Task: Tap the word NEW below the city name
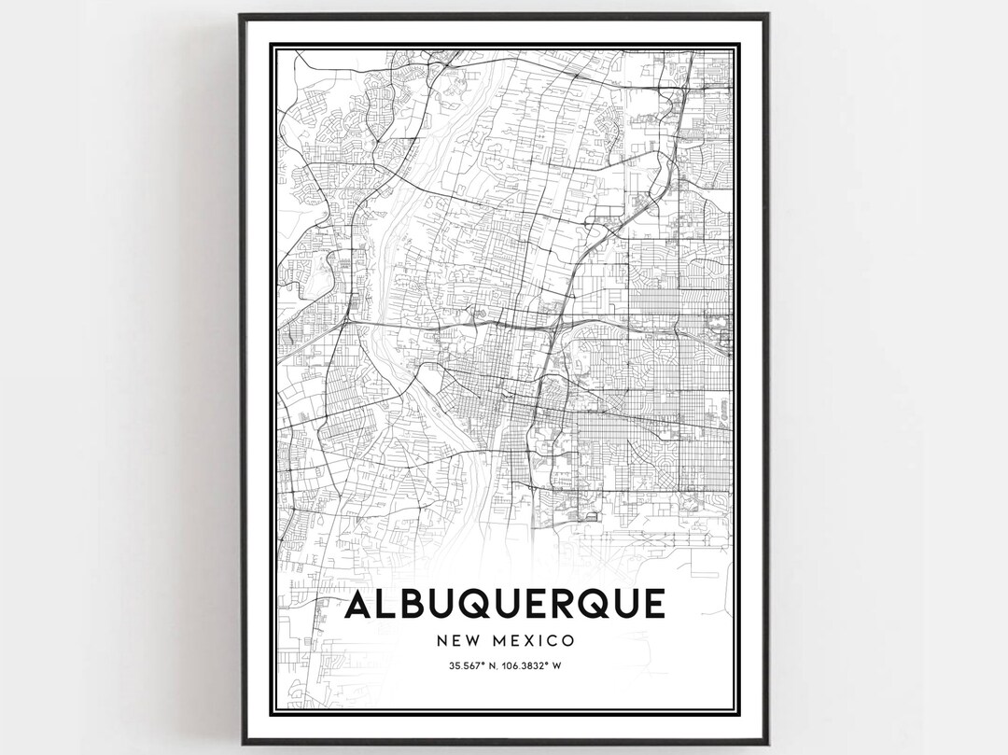tap(456, 641)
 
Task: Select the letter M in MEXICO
tap(497, 641)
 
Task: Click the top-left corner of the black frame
tap(240, 15)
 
